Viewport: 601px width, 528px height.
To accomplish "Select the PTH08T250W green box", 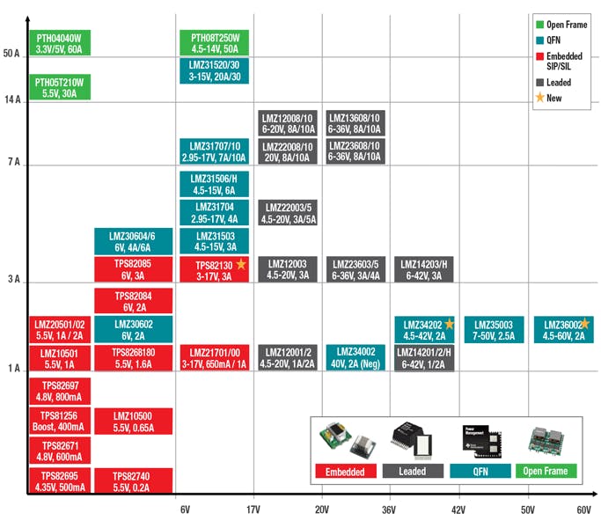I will tap(216, 44).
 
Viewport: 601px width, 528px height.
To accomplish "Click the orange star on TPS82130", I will tap(240, 264).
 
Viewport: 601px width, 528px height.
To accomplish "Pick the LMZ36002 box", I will tap(563, 329).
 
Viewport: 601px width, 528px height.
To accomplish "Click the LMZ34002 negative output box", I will tap(356, 357).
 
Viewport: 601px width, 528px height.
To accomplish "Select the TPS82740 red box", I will tap(134, 481).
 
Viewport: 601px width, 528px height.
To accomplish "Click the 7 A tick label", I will tap(11, 163).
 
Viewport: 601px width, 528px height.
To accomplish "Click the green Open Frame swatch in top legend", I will tap(540, 23).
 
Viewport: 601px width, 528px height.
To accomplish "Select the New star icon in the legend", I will tap(540, 97).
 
